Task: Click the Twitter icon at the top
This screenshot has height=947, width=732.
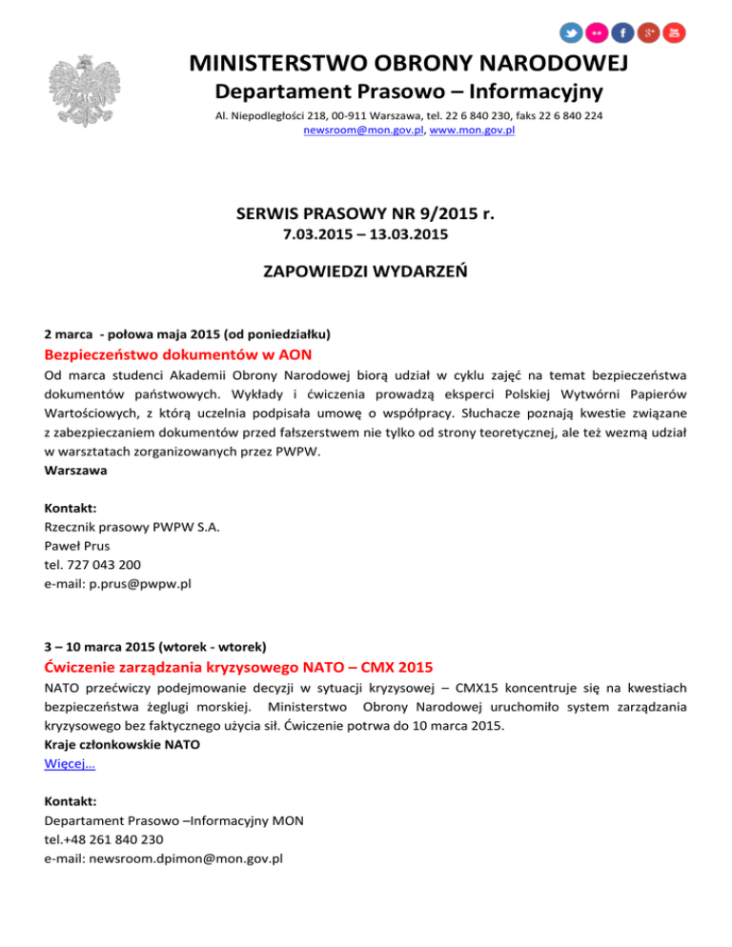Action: [571, 32]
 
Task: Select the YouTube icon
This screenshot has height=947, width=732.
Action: [674, 32]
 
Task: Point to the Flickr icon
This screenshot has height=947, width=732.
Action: [597, 32]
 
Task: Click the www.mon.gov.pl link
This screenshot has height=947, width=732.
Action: [473, 131]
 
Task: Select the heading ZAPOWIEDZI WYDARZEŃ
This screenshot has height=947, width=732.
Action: [365, 272]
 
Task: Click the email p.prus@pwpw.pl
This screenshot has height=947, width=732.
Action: [118, 582]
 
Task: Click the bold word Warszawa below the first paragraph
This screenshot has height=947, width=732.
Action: [75, 471]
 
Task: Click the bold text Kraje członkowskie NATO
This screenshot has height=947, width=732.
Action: [122, 745]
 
